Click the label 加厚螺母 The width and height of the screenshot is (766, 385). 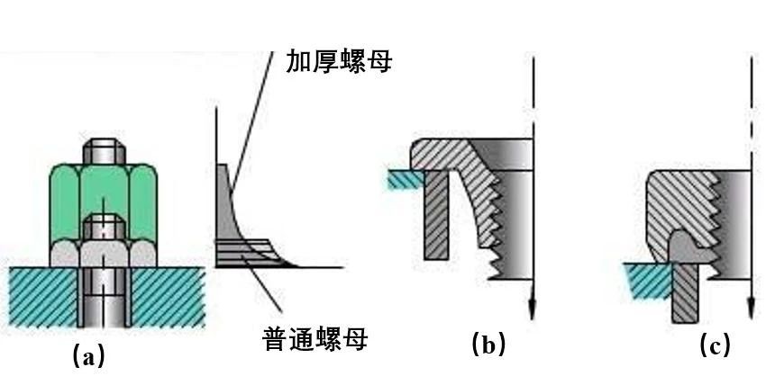pos(339,61)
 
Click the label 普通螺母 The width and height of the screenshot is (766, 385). pos(315,339)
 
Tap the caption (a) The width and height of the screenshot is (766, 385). pos(88,357)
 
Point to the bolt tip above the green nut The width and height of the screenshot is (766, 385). pos(103,151)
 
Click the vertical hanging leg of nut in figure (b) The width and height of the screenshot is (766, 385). pos(434,216)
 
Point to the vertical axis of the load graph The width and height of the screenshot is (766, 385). pos(216,180)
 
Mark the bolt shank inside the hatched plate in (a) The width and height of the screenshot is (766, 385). pos(103,297)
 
